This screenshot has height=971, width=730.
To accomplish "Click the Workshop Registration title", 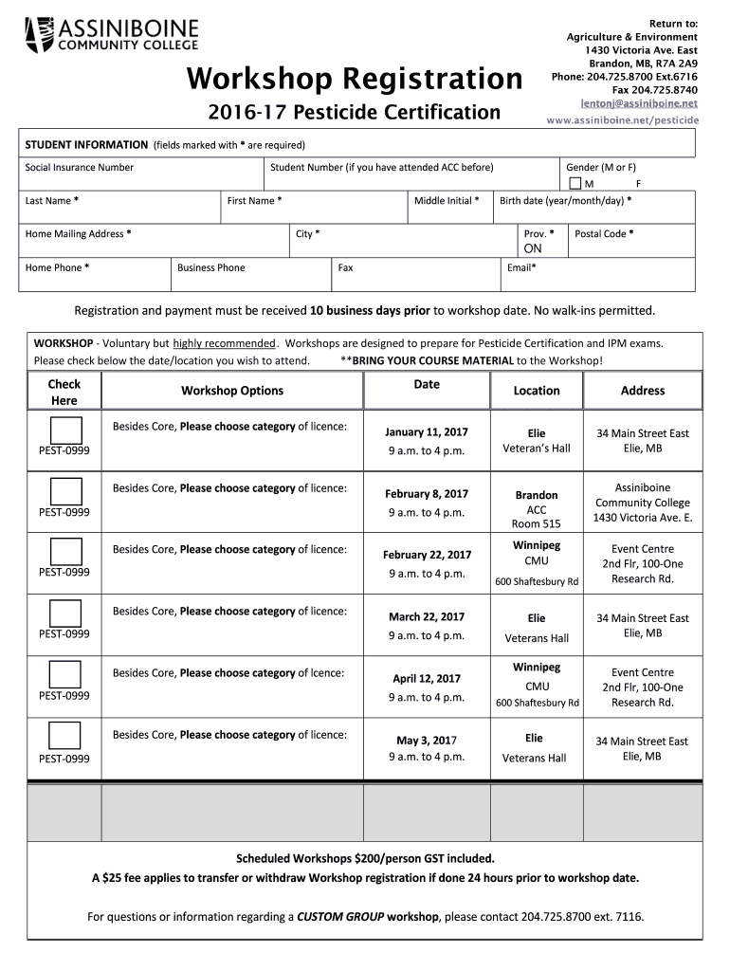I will click(354, 79).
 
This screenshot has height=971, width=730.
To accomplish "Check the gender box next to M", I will click(575, 183).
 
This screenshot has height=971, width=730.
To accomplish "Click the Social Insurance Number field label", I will click(80, 168).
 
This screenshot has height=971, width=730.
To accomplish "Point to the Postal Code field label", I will click(604, 233).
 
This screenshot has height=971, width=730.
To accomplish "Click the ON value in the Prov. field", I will click(533, 249).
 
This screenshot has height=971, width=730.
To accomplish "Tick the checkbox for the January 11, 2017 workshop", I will click(65, 430).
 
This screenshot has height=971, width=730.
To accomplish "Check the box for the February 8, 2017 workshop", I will click(65, 491).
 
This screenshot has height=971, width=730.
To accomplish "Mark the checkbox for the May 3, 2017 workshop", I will click(65, 736).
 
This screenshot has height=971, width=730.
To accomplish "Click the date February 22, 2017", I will click(427, 555).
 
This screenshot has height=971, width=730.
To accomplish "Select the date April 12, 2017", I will click(427, 678).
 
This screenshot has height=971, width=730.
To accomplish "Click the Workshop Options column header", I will click(232, 391).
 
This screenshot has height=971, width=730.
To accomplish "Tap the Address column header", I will click(642, 391).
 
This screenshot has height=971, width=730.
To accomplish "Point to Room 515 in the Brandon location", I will click(536, 524).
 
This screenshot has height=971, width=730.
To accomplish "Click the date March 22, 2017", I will click(427, 616).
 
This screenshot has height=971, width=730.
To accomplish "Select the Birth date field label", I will click(565, 201).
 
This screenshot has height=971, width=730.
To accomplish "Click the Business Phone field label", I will click(210, 267).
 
